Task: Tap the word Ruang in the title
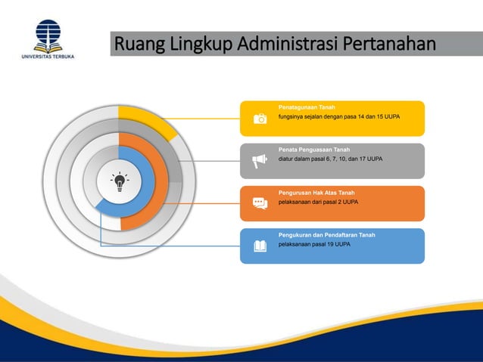pos(141,45)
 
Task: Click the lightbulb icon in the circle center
pos(120,183)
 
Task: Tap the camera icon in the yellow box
pos(260,119)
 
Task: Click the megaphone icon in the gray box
pos(260,160)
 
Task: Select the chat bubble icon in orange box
pos(260,203)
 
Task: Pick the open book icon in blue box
pos(260,246)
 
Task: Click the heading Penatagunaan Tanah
pos(307,107)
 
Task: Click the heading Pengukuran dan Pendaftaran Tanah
pos(326,235)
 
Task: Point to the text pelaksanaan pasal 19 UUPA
pos(314,245)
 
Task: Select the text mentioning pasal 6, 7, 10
pos(330,159)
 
